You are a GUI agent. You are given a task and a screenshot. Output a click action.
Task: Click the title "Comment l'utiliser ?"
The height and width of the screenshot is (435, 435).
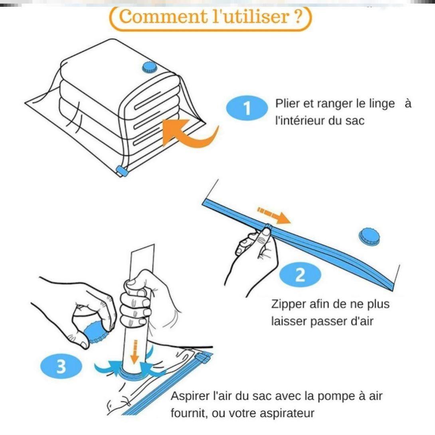210,17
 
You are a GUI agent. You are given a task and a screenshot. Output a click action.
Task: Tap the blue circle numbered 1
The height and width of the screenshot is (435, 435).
247,109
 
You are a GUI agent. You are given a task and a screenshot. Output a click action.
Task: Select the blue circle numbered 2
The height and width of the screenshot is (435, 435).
300,276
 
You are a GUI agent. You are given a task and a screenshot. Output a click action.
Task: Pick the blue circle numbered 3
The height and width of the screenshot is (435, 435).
61,366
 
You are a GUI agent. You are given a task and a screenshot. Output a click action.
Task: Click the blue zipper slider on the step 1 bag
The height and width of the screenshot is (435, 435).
121,172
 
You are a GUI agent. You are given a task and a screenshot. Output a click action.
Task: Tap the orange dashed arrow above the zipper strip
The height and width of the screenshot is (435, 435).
274,215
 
